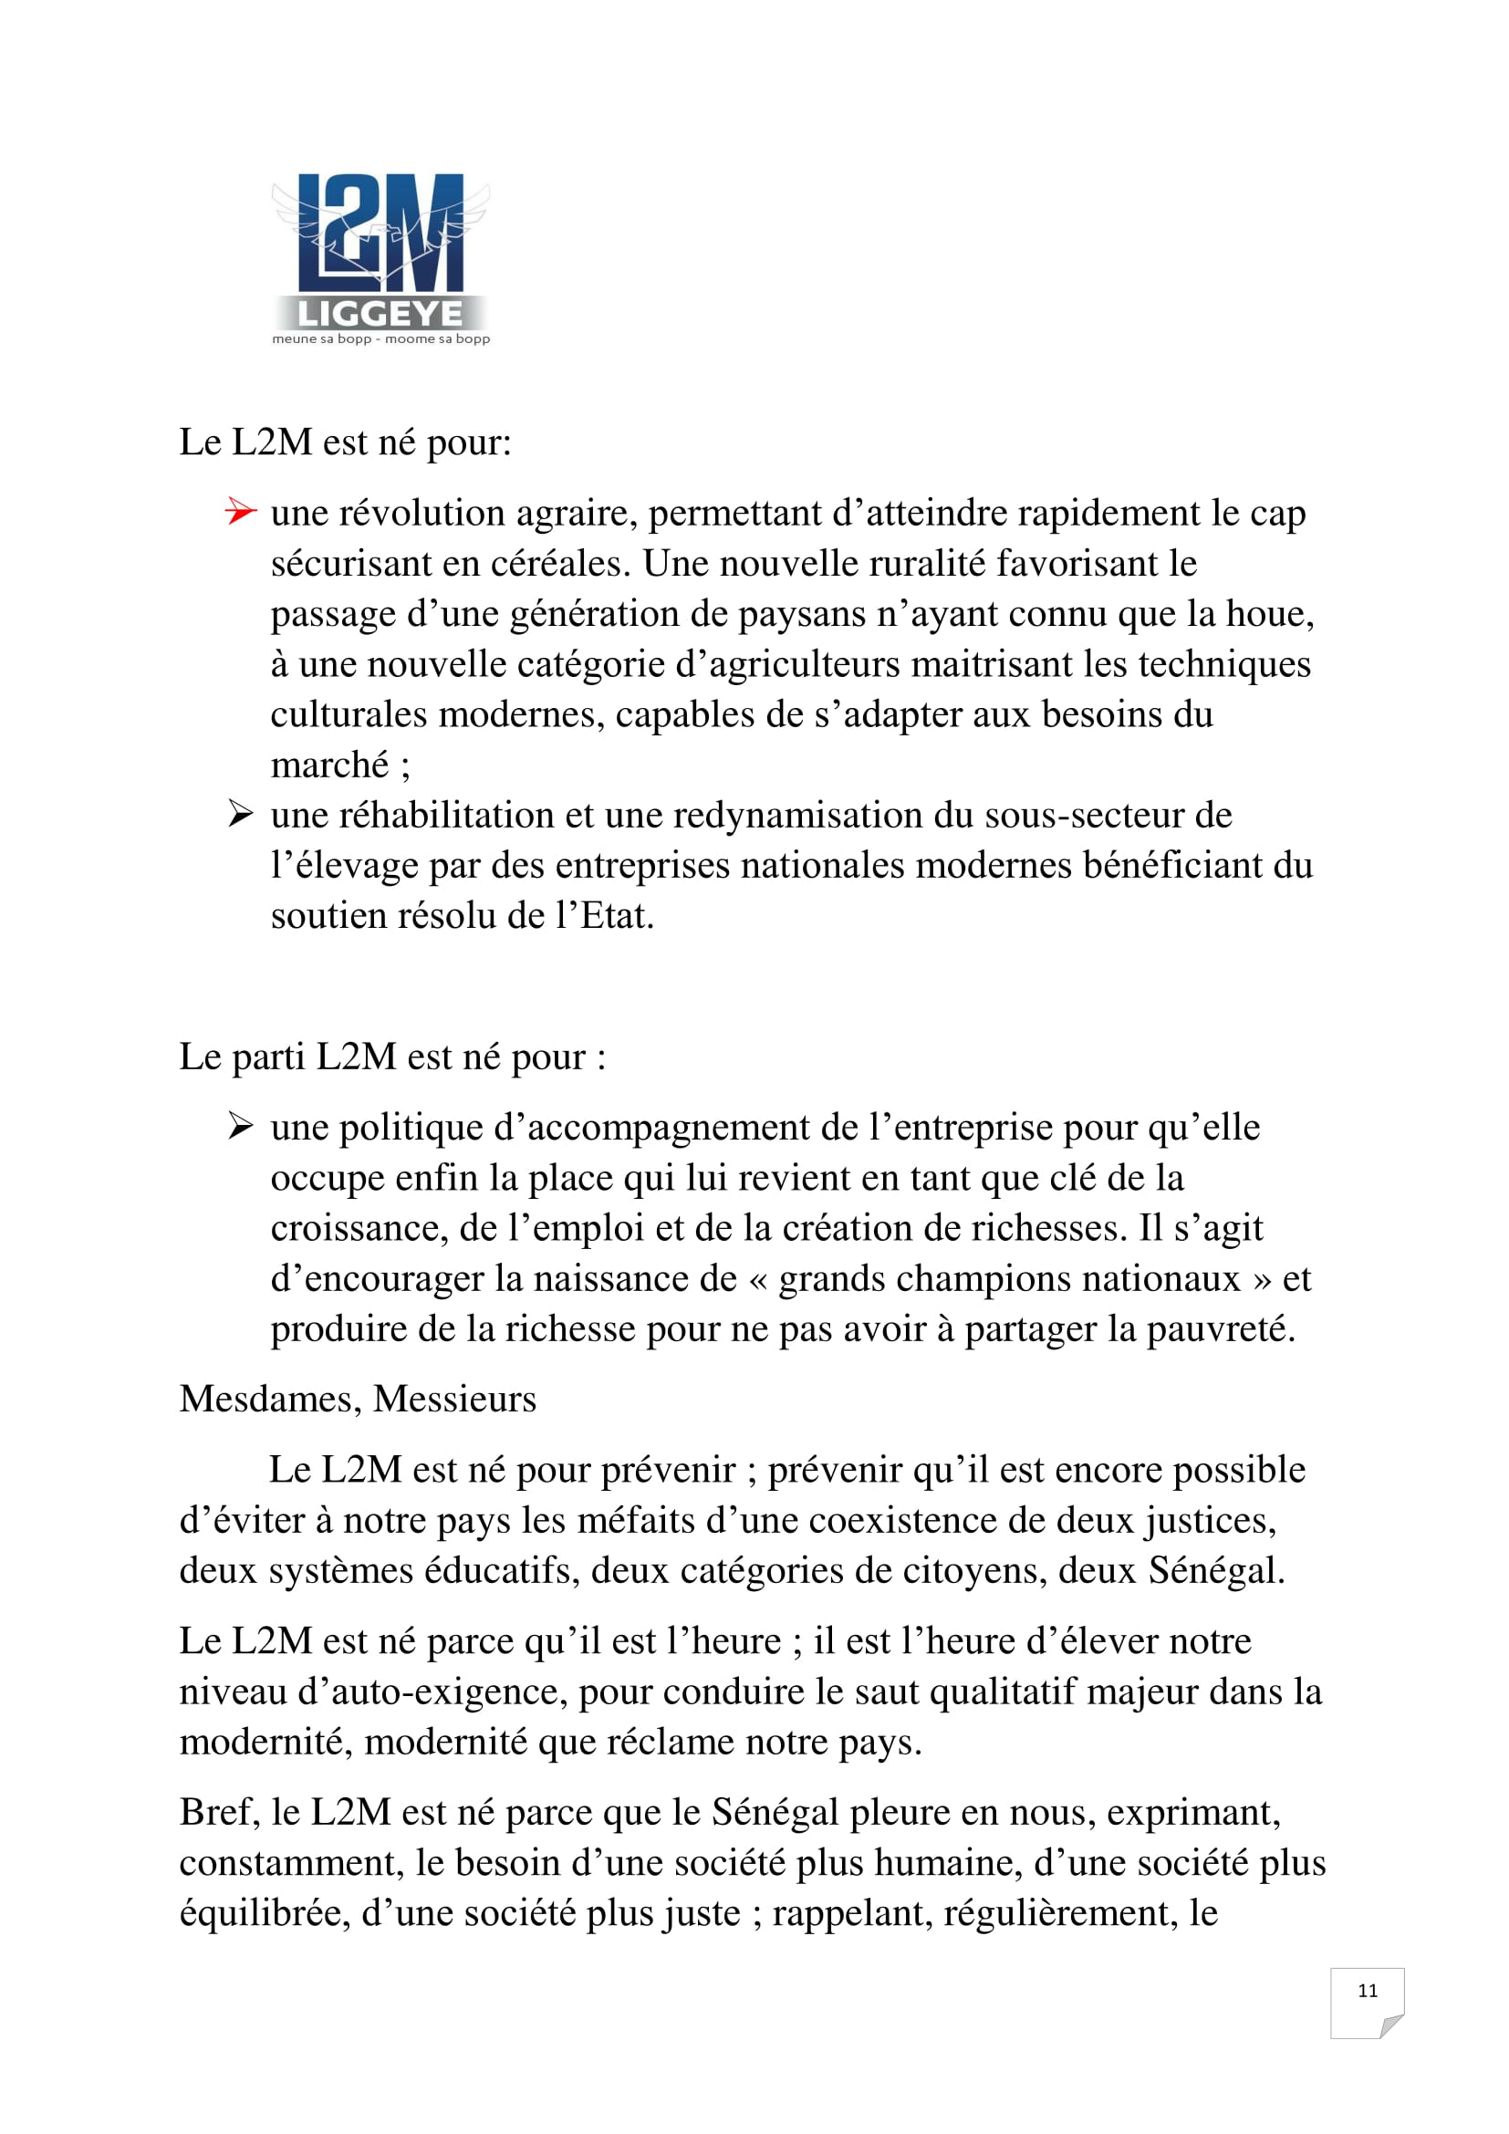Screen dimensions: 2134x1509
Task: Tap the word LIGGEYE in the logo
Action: point(380,314)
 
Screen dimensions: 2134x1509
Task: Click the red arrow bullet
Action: point(240,511)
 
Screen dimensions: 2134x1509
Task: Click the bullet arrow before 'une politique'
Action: point(240,1127)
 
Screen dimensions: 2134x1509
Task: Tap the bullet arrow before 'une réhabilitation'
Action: point(240,814)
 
